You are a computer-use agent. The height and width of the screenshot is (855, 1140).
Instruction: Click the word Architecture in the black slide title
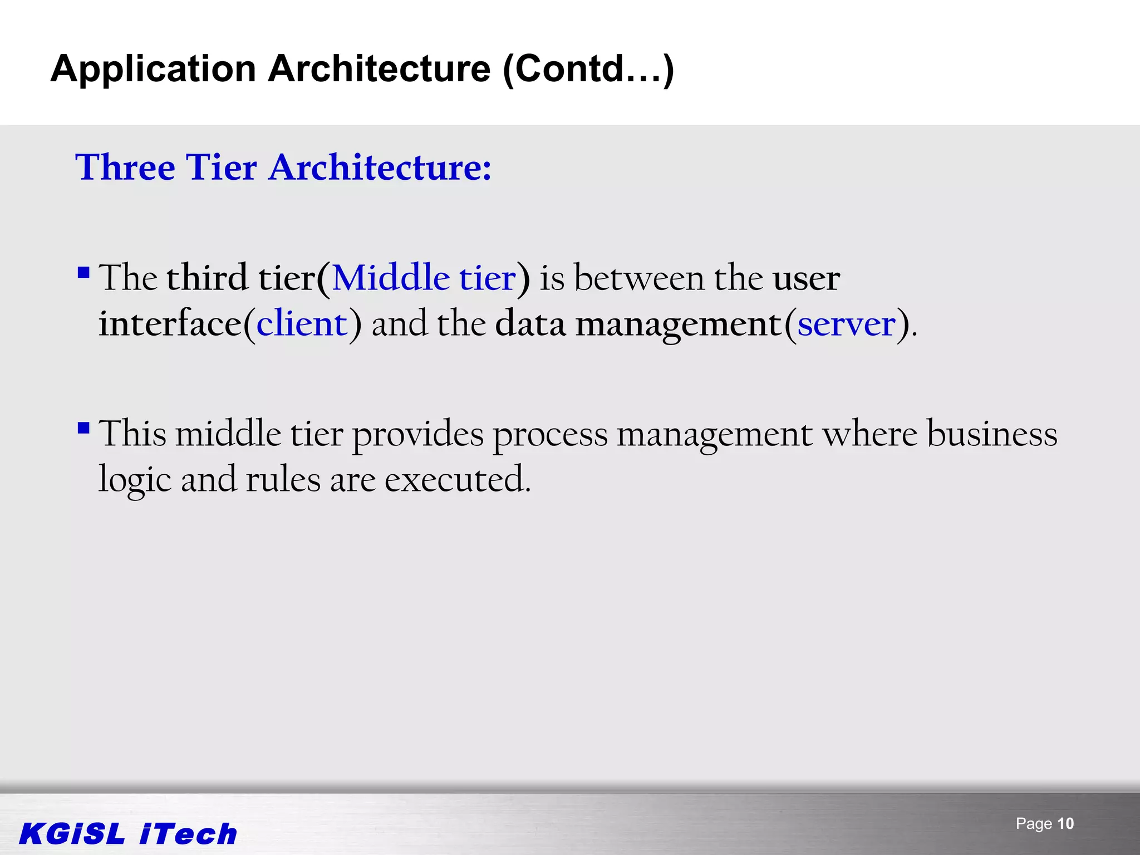tap(379, 69)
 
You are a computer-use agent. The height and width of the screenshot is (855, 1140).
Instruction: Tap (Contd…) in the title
tap(588, 69)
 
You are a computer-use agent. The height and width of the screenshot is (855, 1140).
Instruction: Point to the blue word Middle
tap(391, 278)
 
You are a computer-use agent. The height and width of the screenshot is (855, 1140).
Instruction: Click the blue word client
tap(302, 323)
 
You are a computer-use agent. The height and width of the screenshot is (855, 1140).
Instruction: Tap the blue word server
tap(847, 323)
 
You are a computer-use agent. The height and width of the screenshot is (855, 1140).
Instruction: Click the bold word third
tap(207, 278)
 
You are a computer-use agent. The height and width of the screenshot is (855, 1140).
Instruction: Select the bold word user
tap(806, 279)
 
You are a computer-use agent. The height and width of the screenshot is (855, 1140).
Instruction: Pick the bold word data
tap(530, 323)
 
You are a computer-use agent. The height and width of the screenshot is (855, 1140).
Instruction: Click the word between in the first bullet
tap(639, 278)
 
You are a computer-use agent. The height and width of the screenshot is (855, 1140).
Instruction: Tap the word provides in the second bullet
tap(418, 435)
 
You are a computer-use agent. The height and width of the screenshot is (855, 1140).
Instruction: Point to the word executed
tap(458, 479)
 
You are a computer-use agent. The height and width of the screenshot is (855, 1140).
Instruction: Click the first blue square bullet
tap(83, 273)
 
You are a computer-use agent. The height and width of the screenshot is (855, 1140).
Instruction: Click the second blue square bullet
tap(83, 428)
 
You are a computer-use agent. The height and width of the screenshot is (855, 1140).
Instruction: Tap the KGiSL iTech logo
tap(128, 834)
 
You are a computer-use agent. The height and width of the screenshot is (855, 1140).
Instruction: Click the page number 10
tap(1065, 823)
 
